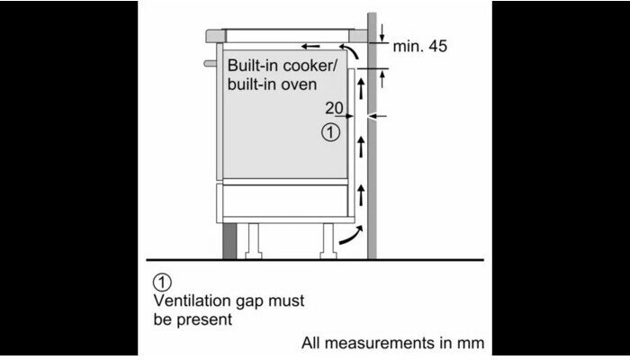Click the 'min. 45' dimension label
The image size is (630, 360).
click(x=420, y=46)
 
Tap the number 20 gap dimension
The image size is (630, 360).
click(x=335, y=108)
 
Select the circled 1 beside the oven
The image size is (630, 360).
click(x=330, y=133)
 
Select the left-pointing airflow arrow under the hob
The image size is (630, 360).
click(x=310, y=46)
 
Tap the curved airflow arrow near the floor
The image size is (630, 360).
click(x=347, y=236)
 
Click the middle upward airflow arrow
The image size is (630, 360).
click(x=361, y=143)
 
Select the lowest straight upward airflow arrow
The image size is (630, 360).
click(x=361, y=192)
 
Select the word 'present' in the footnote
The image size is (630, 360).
click(x=209, y=319)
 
